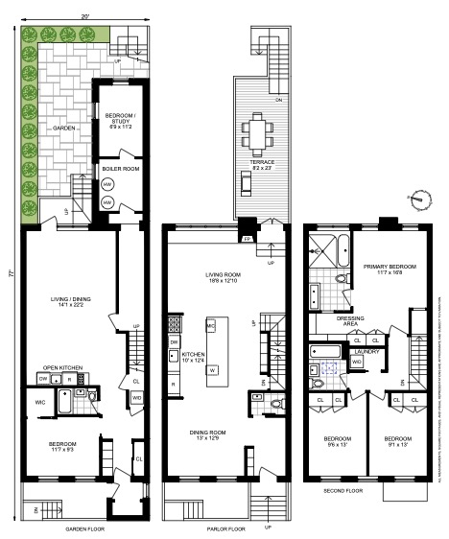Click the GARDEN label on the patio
pos(63,127)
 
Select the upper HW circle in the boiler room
pos(107,185)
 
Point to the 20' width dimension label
pos(85,16)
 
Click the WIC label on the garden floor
pos(40,401)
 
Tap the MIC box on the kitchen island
pos(211,328)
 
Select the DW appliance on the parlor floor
pos(174,341)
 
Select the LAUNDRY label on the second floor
pos(366,351)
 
